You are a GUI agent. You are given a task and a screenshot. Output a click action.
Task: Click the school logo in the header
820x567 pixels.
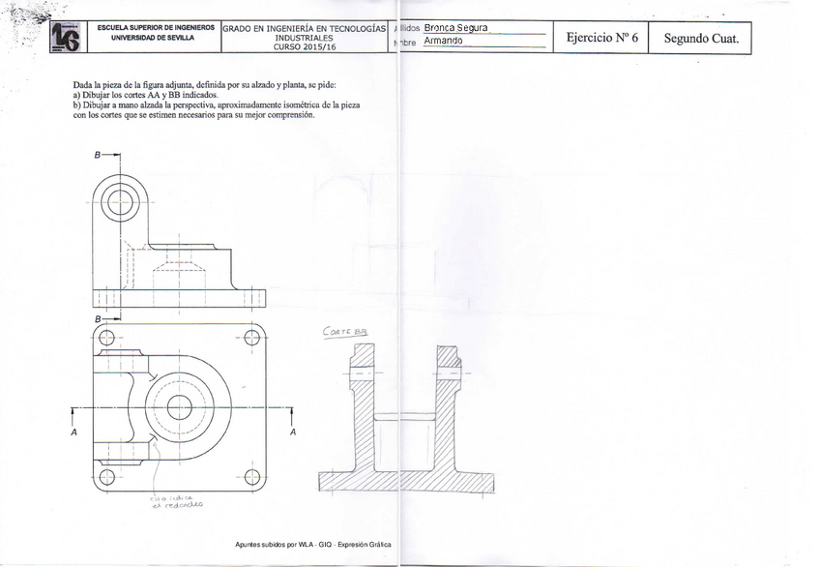66,37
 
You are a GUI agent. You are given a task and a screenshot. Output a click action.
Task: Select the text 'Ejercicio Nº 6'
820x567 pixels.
601,38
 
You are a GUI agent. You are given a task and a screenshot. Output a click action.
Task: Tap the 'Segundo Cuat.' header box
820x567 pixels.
701,38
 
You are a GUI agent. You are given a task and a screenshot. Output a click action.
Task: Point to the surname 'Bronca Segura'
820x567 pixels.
454,28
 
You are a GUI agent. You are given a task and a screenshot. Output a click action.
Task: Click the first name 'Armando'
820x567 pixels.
443,42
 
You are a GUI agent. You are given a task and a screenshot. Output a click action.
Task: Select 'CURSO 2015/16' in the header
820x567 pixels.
305,45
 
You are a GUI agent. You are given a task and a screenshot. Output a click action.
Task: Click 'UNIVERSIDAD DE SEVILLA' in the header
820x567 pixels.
153,38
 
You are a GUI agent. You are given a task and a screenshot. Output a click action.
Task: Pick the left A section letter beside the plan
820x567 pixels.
73,433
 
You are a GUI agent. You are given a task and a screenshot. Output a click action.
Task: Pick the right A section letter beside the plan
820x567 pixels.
292,433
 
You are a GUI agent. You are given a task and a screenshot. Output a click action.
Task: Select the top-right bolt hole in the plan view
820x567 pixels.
252,338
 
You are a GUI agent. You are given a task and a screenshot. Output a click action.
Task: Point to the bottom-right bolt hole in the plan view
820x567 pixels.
252,475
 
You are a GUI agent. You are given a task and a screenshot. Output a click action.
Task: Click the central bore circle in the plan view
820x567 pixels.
179,407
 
